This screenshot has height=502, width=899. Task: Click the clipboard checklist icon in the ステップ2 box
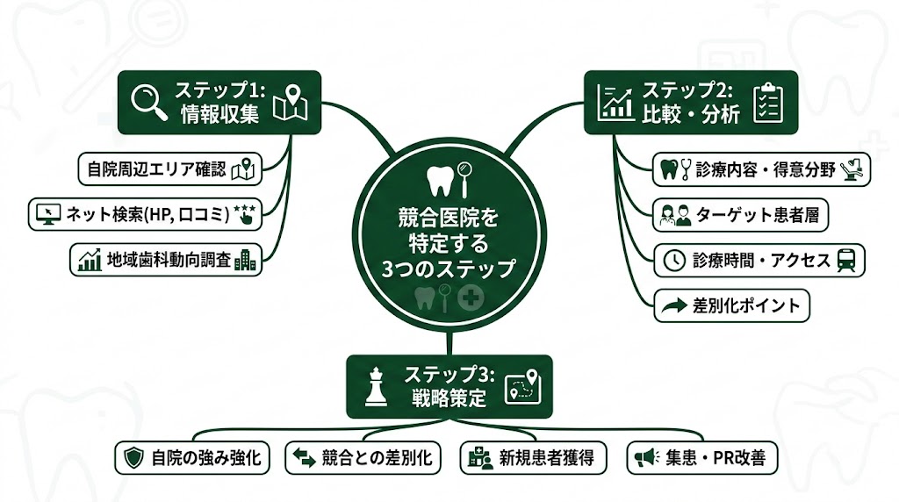point(768,102)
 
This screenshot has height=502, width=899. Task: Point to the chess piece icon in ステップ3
point(376,386)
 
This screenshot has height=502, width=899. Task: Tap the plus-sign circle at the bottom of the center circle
point(471,298)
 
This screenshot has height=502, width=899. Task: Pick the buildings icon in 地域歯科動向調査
point(246,260)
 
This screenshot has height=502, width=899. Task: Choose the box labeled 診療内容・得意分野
point(761,169)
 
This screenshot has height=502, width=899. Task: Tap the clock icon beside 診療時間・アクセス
point(673,260)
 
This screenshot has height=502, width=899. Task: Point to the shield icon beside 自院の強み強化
point(133,457)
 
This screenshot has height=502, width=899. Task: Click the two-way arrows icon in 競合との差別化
point(304,457)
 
